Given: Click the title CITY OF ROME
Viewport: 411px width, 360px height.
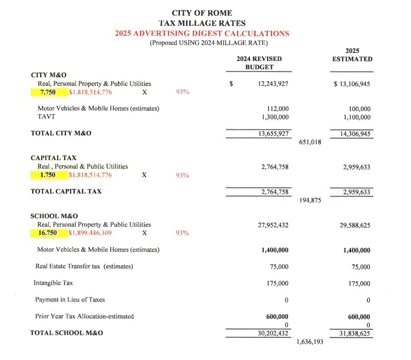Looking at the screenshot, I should [202, 13].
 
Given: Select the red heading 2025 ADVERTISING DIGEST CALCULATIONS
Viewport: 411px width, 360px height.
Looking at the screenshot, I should [202, 34].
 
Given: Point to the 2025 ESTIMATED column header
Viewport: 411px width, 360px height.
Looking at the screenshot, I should [352, 55].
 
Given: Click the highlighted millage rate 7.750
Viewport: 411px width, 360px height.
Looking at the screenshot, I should [48, 92].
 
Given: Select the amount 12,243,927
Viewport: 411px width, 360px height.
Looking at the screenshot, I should [273, 84].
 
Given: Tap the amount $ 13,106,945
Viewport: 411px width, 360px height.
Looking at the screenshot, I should [352, 84].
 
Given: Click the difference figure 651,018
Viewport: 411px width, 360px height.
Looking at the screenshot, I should [310, 142].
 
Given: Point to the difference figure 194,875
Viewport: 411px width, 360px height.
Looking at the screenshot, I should [310, 200].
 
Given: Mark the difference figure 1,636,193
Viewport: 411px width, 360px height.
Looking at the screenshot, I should [310, 342].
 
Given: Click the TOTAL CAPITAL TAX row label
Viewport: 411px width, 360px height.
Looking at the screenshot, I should [66, 191].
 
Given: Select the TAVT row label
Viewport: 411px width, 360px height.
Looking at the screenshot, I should [46, 117].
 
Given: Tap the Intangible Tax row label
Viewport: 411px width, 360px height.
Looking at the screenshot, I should [53, 283].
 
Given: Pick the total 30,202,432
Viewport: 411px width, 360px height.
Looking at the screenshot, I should [273, 334].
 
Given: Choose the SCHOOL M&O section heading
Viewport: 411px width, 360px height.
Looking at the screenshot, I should [54, 216].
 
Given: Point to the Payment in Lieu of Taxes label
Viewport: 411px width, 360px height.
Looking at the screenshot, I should [70, 300].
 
